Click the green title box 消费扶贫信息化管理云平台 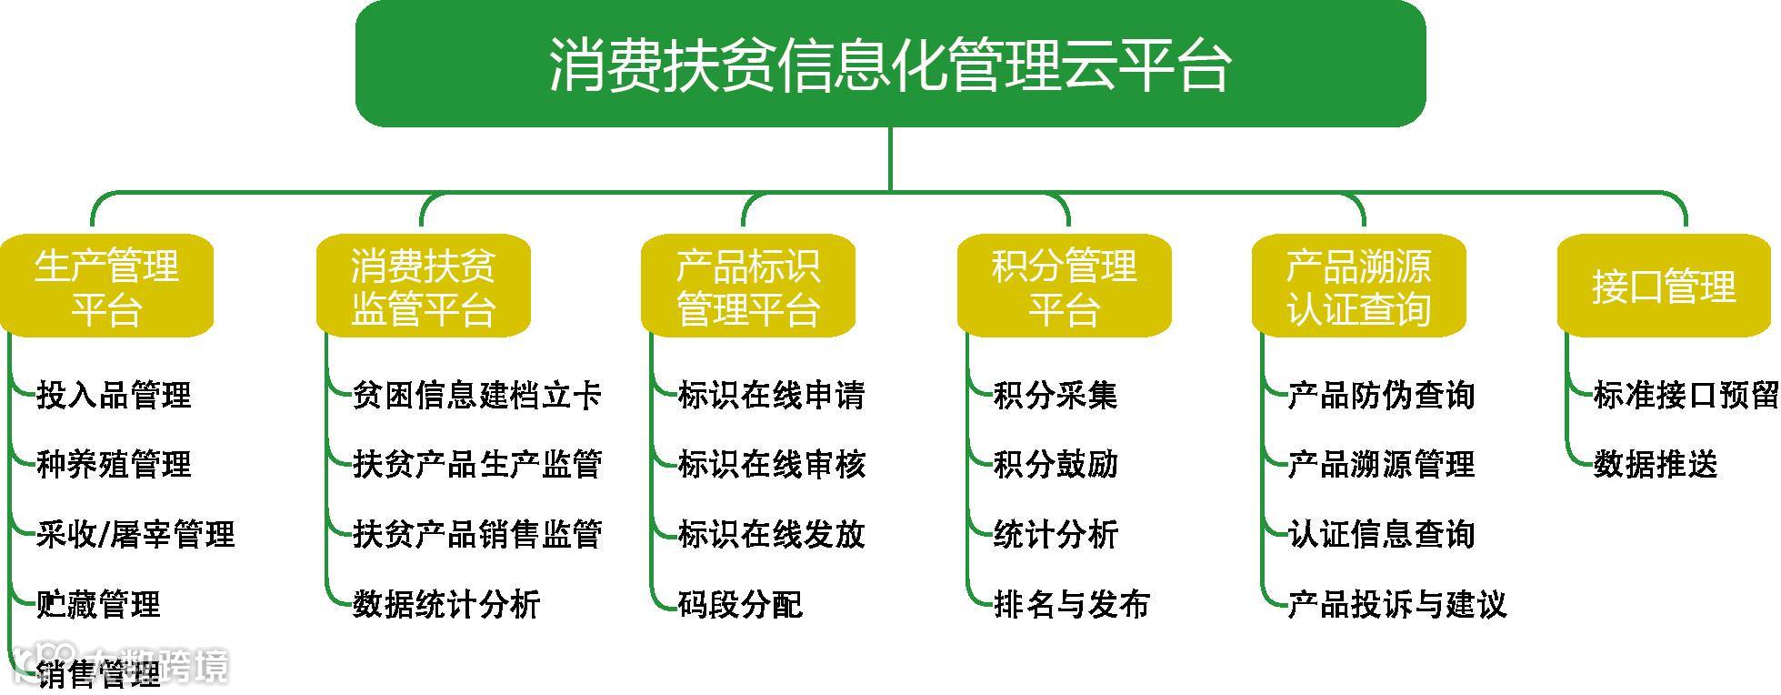[x=889, y=64]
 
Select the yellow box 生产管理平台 [x=107, y=287]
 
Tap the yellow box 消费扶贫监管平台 [x=423, y=287]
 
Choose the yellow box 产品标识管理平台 [x=747, y=287]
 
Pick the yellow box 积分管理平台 [x=1064, y=287]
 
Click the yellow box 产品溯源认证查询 [x=1358, y=287]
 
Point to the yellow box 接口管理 [x=1664, y=287]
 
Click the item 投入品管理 [x=114, y=396]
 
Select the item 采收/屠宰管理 [x=135, y=535]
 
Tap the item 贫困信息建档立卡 [x=477, y=396]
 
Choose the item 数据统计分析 [x=446, y=605]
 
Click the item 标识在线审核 [x=771, y=465]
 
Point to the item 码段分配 [x=740, y=605]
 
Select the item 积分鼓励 [x=1056, y=465]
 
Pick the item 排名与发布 [x=1072, y=605]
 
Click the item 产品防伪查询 [x=1381, y=396]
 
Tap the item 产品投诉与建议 [x=1397, y=605]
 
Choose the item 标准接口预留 [x=1686, y=396]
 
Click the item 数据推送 [x=1656, y=465]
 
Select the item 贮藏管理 [x=98, y=605]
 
